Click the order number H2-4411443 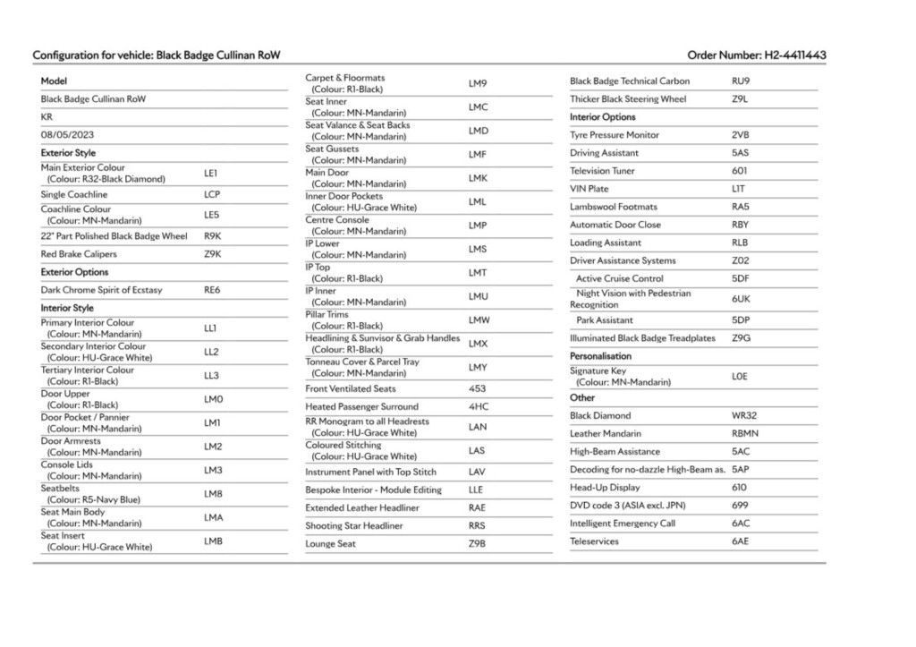794,55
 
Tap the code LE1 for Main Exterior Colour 211,173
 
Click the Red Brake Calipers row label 79,254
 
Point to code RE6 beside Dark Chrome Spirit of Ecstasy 212,290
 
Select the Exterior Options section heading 74,272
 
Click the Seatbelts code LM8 213,494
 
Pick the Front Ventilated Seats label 350,389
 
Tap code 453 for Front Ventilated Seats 477,389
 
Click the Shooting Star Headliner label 353,525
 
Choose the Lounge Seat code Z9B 477,543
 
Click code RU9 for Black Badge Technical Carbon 740,81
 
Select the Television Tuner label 602,171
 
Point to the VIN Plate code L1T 738,189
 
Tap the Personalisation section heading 600,356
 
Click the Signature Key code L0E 739,377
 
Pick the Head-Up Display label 605,488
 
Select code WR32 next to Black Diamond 743,416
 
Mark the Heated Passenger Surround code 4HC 478,407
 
